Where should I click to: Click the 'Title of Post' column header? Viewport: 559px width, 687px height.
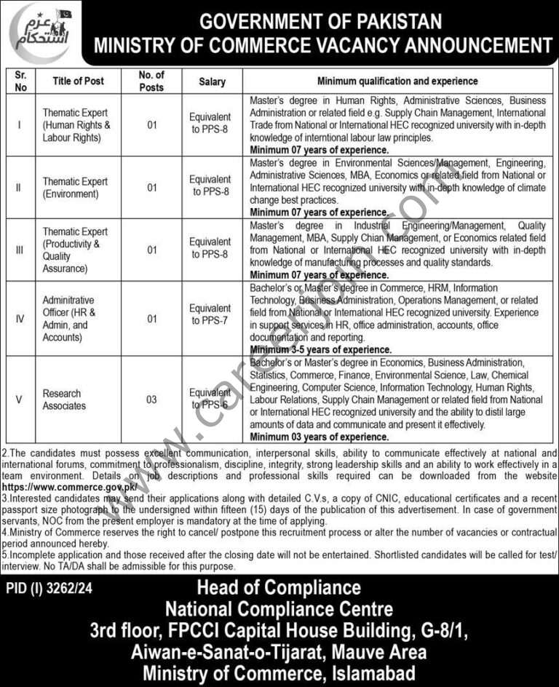click(x=78, y=82)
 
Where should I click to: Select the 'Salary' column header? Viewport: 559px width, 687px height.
click(x=212, y=82)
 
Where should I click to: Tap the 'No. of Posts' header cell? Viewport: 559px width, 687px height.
click(x=151, y=82)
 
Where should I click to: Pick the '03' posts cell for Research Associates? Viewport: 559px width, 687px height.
click(x=151, y=400)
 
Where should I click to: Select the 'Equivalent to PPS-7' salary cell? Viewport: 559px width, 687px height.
click(x=212, y=314)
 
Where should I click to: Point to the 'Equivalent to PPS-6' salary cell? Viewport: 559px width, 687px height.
click(x=212, y=400)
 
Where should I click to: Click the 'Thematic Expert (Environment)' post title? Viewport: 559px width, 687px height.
click(x=76, y=187)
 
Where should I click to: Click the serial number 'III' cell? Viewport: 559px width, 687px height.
click(x=20, y=250)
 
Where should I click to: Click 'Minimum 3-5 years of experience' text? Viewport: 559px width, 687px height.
click(x=321, y=350)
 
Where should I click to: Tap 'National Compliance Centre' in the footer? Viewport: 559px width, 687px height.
click(x=279, y=608)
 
